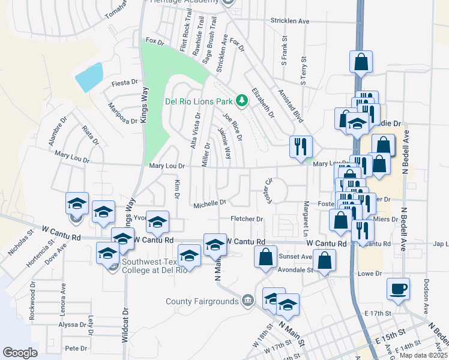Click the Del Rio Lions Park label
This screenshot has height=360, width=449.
coord(199,101)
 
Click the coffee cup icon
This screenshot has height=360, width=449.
coord(399,288)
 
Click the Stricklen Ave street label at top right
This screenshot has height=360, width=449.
coord(289,21)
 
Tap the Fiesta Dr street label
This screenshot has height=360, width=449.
coord(125,83)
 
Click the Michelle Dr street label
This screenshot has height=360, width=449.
coord(209,204)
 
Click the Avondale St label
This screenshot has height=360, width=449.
coord(294,269)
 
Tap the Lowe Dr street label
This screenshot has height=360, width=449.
coord(370,274)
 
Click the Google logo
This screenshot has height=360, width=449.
coord(20,353)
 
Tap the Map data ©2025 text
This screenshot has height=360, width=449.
coord(423,355)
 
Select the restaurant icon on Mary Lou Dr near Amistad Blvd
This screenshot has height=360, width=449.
coord(299,146)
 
